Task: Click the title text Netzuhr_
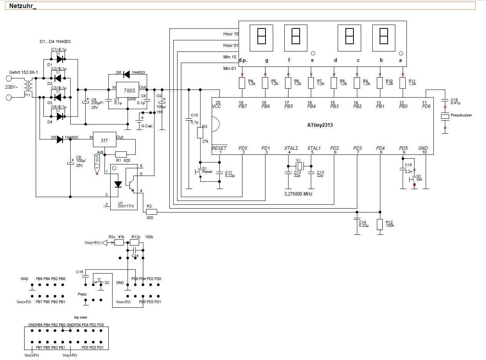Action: point(23,6)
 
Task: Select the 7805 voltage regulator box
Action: point(127,90)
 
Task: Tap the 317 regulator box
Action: point(104,141)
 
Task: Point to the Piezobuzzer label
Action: point(461,115)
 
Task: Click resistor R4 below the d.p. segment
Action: point(242,83)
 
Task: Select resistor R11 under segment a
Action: point(403,83)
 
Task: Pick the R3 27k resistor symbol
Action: point(200,133)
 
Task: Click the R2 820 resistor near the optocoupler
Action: point(151,211)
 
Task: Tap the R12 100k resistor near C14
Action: point(380,224)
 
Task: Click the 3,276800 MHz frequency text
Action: point(298,194)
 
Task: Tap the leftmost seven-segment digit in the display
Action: point(261,38)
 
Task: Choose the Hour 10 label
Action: point(231,34)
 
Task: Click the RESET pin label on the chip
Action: point(219,148)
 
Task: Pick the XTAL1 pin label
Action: point(314,148)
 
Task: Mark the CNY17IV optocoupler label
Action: point(126,206)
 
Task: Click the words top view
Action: point(80,317)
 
